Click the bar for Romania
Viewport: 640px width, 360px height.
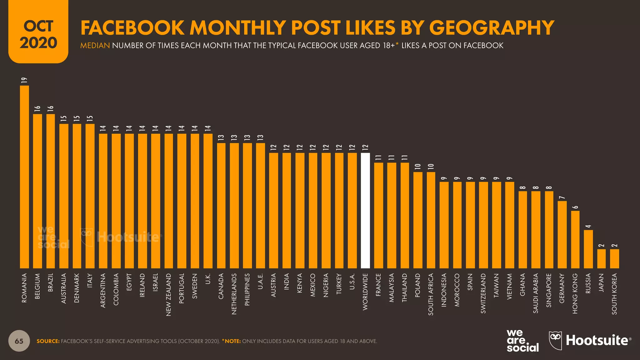(x=24, y=177)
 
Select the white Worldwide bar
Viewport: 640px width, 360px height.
(x=365, y=210)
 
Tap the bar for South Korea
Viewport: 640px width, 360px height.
(x=614, y=258)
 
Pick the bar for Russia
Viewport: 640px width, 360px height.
(x=588, y=249)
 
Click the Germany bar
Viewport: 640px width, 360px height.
(x=562, y=234)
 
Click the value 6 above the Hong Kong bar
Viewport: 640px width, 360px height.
(x=575, y=207)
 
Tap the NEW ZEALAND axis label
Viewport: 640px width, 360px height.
(x=169, y=295)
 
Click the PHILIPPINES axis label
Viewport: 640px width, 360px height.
(x=247, y=289)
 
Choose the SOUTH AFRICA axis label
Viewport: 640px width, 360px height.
(x=431, y=294)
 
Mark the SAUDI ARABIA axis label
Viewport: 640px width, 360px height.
(x=536, y=293)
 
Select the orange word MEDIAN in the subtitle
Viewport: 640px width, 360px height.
(x=95, y=46)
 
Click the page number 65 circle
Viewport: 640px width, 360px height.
(x=19, y=341)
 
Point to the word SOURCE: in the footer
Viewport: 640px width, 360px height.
(x=48, y=341)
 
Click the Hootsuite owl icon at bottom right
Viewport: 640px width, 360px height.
(x=555, y=340)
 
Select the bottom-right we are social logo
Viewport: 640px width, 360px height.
(x=522, y=341)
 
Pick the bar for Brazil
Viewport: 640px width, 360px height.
(x=51, y=191)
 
